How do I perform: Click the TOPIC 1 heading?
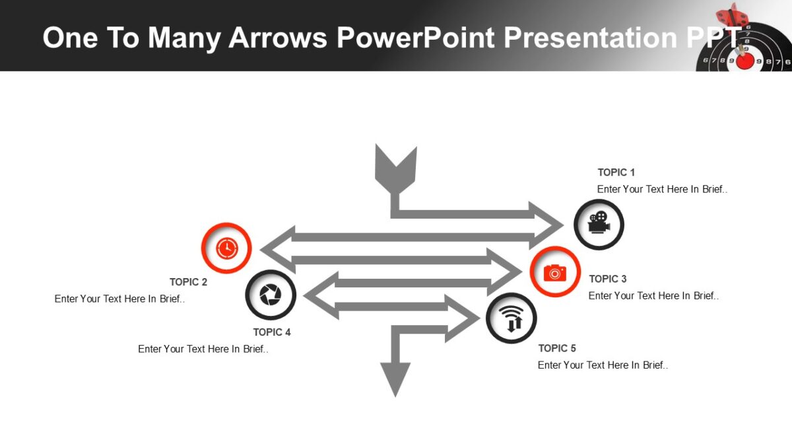(616, 172)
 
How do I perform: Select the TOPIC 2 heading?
(188, 282)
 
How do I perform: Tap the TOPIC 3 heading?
(607, 279)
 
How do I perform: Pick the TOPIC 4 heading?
(271, 332)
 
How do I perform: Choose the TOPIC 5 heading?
(556, 348)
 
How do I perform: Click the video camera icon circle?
(599, 225)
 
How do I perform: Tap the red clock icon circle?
(226, 248)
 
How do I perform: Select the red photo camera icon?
(555, 272)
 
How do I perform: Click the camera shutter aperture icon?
(271, 295)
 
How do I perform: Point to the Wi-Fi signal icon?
(511, 318)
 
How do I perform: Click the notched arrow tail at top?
(395, 168)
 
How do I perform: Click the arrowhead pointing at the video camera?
(547, 225)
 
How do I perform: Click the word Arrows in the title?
(277, 38)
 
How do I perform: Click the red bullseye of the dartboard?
(745, 61)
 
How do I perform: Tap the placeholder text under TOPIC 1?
(662, 189)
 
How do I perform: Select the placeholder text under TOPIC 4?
(203, 349)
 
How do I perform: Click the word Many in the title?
(184, 38)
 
